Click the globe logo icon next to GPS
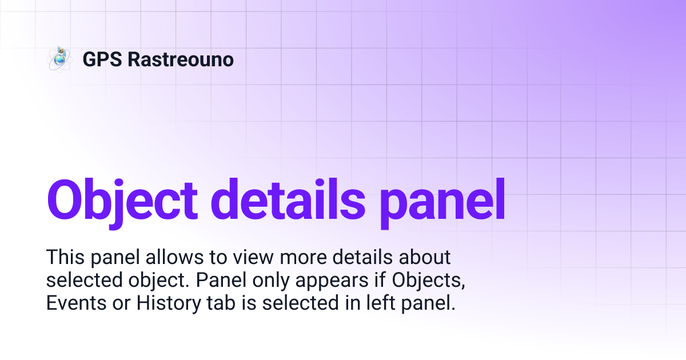(x=59, y=59)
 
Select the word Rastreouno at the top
(x=181, y=59)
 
